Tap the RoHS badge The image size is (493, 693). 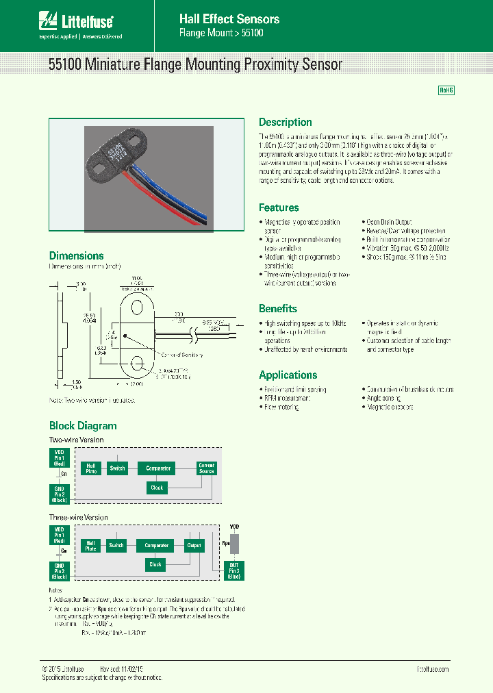click(446, 90)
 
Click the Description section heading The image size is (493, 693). click(285, 123)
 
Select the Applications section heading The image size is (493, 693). click(288, 375)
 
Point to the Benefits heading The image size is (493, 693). click(277, 308)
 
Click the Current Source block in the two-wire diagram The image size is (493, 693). click(206, 468)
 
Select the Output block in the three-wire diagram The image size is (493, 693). click(194, 546)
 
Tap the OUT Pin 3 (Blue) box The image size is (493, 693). click(235, 570)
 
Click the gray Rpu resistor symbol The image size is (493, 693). click(235, 544)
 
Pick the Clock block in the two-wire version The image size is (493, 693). click(157, 488)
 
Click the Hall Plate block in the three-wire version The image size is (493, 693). click(91, 545)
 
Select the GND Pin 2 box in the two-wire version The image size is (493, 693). click(60, 493)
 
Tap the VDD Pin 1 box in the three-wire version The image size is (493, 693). click(59, 534)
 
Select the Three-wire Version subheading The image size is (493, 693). click(78, 517)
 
